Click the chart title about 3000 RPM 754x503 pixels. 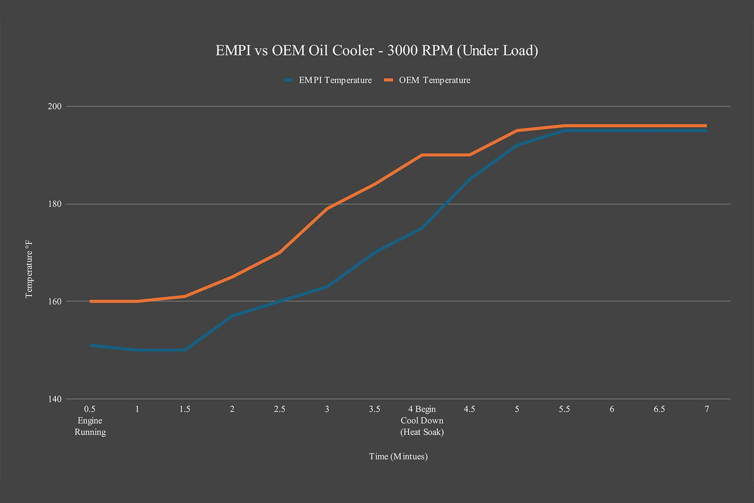click(x=377, y=51)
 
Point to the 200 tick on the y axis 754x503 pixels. click(x=55, y=107)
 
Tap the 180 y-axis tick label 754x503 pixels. click(x=55, y=204)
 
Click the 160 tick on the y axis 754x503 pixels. click(x=55, y=301)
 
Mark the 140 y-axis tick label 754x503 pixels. click(x=55, y=399)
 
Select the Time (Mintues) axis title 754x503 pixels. click(x=398, y=457)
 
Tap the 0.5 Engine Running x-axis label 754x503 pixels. click(x=90, y=420)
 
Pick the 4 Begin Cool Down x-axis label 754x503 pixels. click(x=422, y=420)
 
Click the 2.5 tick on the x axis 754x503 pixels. click(x=280, y=410)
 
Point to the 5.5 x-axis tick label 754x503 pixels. click(x=565, y=410)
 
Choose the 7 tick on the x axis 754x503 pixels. click(x=707, y=410)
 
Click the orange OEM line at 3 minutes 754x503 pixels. click(x=327, y=208)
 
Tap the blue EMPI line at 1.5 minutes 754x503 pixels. click(x=185, y=350)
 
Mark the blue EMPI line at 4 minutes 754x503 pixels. click(x=422, y=228)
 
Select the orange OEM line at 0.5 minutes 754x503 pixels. click(x=90, y=301)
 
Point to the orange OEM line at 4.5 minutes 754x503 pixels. click(x=470, y=155)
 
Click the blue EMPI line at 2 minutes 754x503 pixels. click(x=232, y=316)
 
